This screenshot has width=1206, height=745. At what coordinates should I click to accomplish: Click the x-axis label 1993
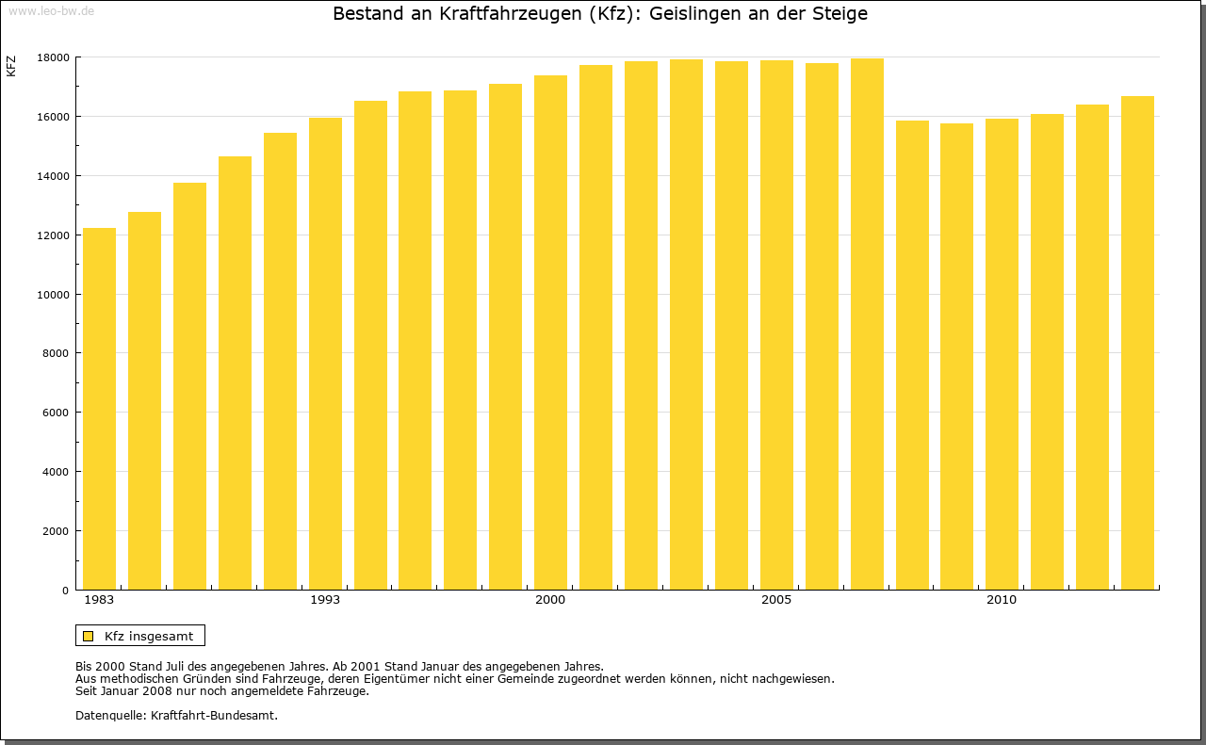[325, 600]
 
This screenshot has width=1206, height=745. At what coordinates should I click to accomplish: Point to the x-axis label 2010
[1002, 600]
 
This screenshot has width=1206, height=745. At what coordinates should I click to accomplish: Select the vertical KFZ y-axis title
[11, 66]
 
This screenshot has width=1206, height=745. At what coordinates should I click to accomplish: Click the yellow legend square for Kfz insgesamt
[89, 636]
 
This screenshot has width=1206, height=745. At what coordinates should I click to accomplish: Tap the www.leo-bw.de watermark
[51, 10]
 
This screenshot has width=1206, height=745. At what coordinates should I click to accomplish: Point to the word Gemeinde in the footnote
[517, 678]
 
